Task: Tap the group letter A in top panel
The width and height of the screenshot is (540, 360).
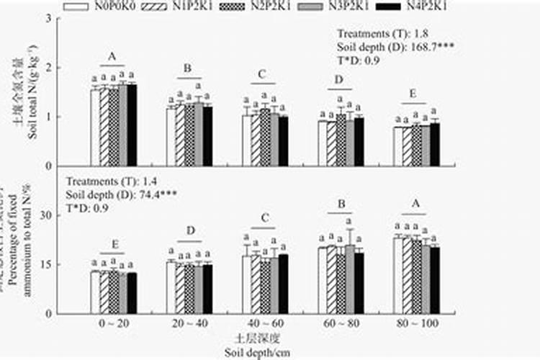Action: (x=113, y=56)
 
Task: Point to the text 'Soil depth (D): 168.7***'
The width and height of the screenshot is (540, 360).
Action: (x=395, y=47)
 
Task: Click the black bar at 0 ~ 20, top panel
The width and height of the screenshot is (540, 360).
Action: (x=132, y=125)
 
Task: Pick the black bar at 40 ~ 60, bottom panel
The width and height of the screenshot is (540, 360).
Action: (x=283, y=284)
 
